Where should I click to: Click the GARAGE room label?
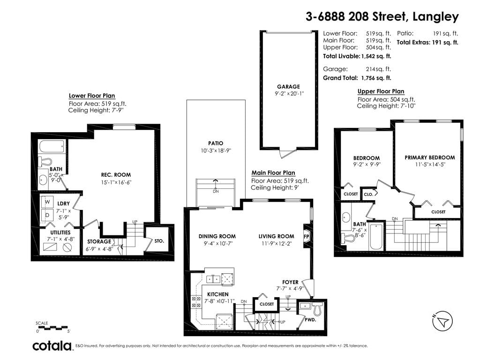[x=288, y=87]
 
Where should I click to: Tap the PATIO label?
[x=216, y=143]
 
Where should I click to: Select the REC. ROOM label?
[x=116, y=175]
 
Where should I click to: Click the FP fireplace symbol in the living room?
[x=307, y=237]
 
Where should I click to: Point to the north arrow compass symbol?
[x=442, y=321]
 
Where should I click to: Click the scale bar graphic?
[x=52, y=327]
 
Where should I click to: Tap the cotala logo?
[x=52, y=346]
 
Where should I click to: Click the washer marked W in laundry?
[x=47, y=202]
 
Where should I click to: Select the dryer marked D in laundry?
[x=47, y=215]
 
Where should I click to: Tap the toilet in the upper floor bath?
[x=348, y=238]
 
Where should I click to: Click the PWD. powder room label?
[x=310, y=320]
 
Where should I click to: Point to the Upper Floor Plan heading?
[x=381, y=91]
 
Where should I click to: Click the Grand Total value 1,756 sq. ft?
[x=376, y=78]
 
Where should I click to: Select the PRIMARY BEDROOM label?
[x=430, y=157]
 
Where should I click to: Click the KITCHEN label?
[x=218, y=294]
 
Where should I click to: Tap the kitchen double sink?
[x=213, y=279]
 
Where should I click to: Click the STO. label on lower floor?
[x=159, y=241]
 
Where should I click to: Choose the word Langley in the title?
[x=435, y=17]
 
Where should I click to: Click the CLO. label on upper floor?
[x=368, y=194]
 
